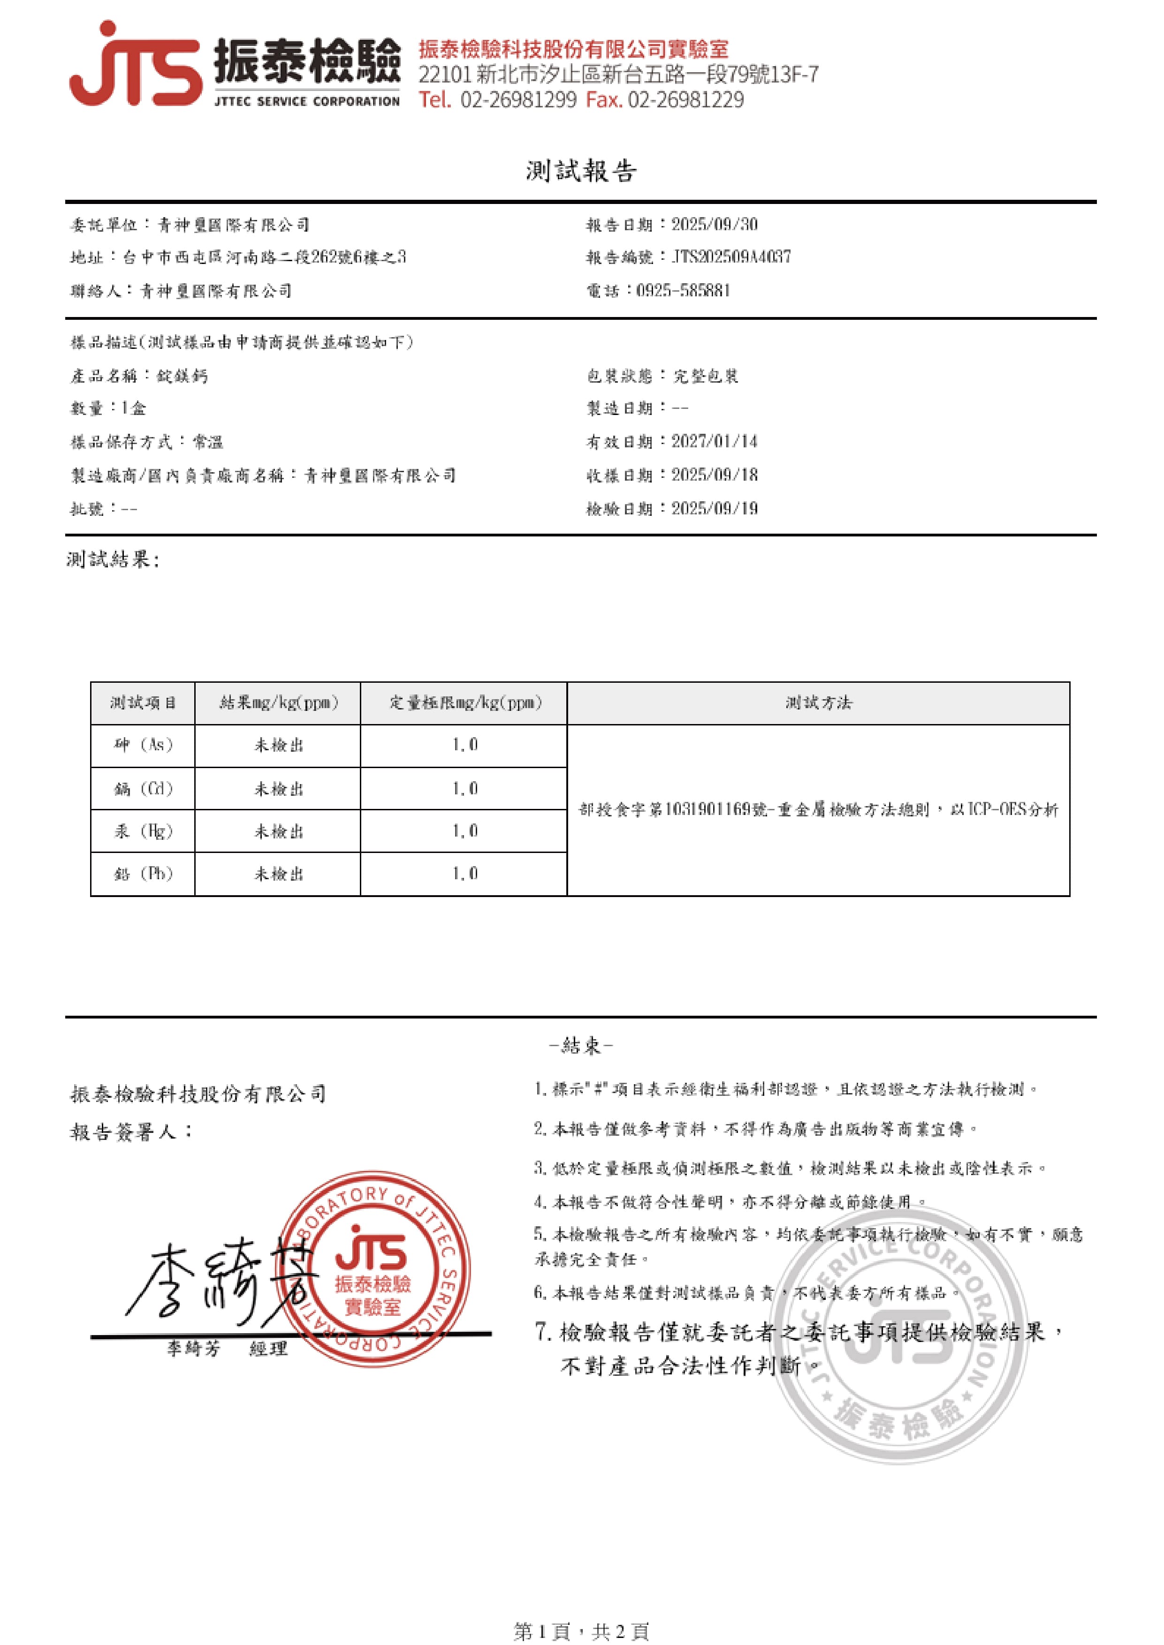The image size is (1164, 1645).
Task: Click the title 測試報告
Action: pyautogui.click(x=580, y=171)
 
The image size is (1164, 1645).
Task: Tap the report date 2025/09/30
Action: pyautogui.click(x=714, y=225)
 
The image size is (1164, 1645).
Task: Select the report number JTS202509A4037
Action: pyautogui.click(x=730, y=257)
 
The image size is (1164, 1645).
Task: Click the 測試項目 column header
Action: pyautogui.click(x=143, y=703)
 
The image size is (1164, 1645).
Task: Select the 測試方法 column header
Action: pyautogui.click(x=818, y=703)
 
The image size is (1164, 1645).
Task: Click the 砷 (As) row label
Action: pyautogui.click(x=143, y=745)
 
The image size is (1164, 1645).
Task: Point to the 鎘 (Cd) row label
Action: pyautogui.click(x=143, y=789)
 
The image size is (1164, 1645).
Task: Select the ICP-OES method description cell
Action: pyautogui.click(x=818, y=809)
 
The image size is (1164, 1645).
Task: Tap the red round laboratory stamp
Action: pyautogui.click(x=373, y=1268)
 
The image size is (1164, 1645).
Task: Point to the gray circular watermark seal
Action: pyautogui.click(x=899, y=1333)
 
